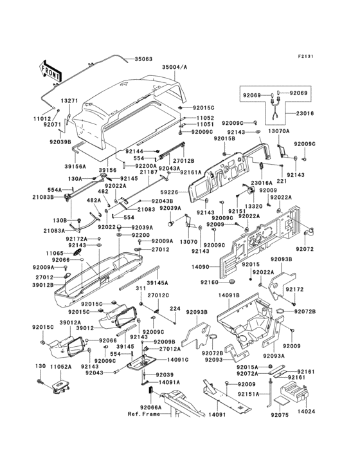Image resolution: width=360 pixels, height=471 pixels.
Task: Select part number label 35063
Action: [143, 59]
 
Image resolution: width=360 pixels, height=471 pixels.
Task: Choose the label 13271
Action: [70, 101]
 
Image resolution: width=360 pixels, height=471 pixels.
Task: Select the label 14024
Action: [306, 409]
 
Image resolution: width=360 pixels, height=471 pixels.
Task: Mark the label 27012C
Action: [158, 295]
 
